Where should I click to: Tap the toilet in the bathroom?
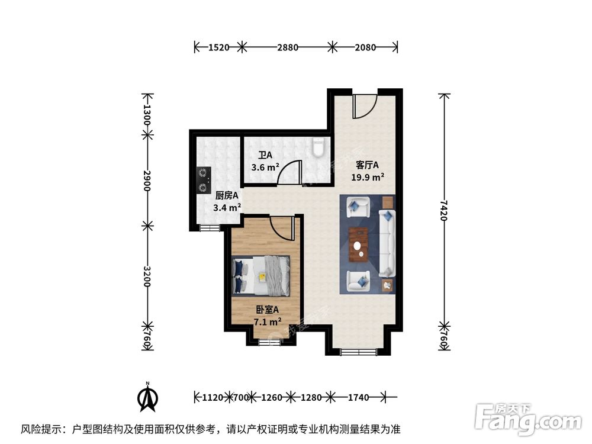[x=319, y=147]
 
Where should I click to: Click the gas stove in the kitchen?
[x=204, y=180]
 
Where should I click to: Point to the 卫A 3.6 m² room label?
[x=265, y=162]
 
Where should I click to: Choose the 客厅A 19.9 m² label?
[x=370, y=170]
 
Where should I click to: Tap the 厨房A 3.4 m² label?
[x=226, y=201]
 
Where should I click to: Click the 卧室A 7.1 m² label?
[x=267, y=316]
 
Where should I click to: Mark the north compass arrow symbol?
[x=147, y=397]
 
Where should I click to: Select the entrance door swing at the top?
[x=364, y=107]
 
